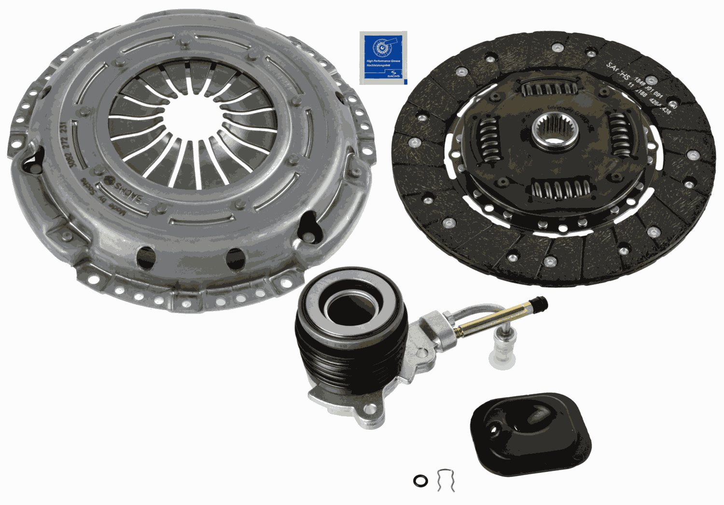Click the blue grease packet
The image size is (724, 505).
click(x=383, y=57)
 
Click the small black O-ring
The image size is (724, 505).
click(x=420, y=480)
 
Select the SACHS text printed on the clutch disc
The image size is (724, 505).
click(x=618, y=70)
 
